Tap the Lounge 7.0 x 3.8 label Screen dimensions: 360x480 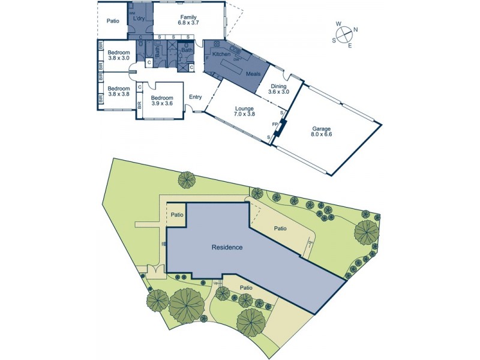(x=240, y=110)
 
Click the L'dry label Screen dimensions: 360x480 (x=140, y=18)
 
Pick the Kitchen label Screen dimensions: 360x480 (x=222, y=55)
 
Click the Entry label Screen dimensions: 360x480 (x=196, y=97)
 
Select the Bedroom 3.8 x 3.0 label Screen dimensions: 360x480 (x=119, y=56)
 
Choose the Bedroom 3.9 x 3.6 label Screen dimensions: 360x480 (x=161, y=100)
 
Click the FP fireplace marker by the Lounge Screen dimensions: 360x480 (x=274, y=124)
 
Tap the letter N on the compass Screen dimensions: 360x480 (x=356, y=29)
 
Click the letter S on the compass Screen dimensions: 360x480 (x=334, y=40)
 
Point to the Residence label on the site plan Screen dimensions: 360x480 (x=227, y=247)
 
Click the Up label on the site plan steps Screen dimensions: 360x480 (x=215, y=283)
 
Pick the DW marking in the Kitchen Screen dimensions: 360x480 (x=237, y=59)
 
